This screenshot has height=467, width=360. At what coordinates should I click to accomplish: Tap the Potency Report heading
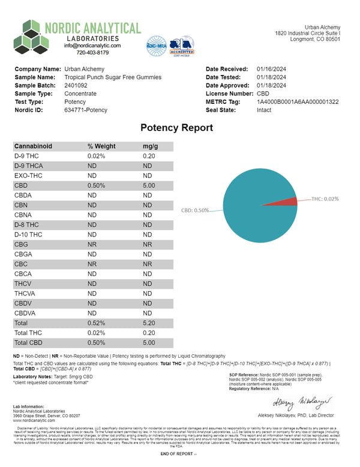click(176, 127)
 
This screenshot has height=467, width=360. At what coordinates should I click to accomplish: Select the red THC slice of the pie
click(288, 201)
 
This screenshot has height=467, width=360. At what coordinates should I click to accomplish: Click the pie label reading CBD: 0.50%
click(195, 211)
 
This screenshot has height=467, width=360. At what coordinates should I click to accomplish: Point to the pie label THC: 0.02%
click(325, 199)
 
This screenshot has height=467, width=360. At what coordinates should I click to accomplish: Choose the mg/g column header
click(149, 146)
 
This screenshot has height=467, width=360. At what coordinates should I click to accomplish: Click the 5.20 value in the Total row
click(150, 322)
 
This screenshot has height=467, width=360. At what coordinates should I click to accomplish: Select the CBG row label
click(22, 244)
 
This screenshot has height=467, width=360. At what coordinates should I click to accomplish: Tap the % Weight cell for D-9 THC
click(96, 156)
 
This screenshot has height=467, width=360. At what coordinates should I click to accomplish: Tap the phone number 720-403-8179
click(92, 52)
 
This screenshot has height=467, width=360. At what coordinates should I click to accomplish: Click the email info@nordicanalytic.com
click(92, 46)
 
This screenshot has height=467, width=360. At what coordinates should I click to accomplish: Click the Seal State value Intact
click(265, 110)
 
